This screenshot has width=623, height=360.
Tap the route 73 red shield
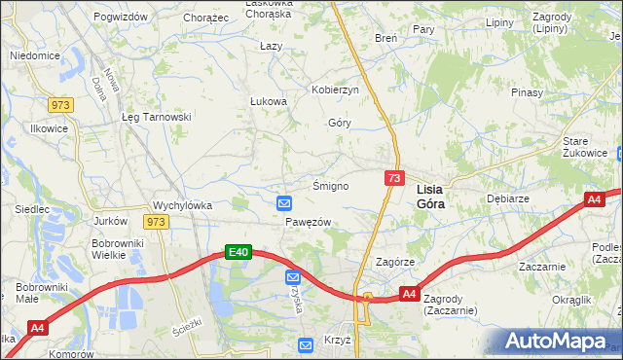click(394, 178)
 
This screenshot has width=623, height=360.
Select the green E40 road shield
click(239, 253)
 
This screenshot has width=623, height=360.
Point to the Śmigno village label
click(330, 186)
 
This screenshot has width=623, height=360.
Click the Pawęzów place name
click(309, 222)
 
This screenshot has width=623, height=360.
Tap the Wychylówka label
click(182, 205)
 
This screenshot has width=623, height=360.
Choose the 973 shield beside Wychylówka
click(156, 222)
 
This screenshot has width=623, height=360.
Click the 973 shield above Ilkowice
click(61, 103)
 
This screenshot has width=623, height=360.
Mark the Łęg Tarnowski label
click(157, 117)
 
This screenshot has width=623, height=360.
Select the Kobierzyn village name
click(336, 90)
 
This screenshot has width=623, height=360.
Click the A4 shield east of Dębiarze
click(595, 199)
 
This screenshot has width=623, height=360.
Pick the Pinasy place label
click(527, 92)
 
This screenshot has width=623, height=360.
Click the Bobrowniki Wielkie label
click(118, 249)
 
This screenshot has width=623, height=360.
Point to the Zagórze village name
click(395, 263)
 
